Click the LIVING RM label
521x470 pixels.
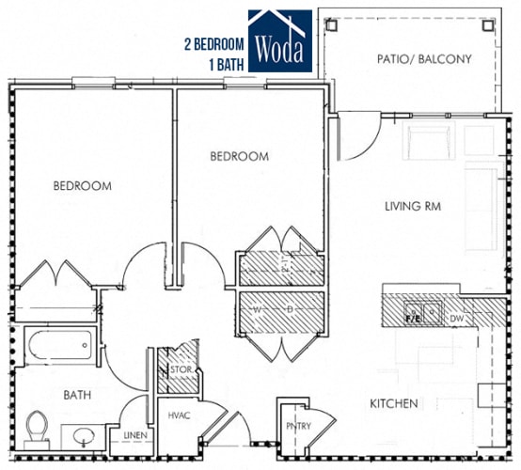tap(413, 206)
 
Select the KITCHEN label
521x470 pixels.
tap(393, 403)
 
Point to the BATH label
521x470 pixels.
tap(77, 396)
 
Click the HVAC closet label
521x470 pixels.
tap(180, 415)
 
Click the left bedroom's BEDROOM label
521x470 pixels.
tap(82, 186)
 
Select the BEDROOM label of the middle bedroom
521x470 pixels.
tap(239, 157)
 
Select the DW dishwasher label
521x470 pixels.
tap(457, 320)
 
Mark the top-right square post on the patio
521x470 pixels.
tap(487, 25)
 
